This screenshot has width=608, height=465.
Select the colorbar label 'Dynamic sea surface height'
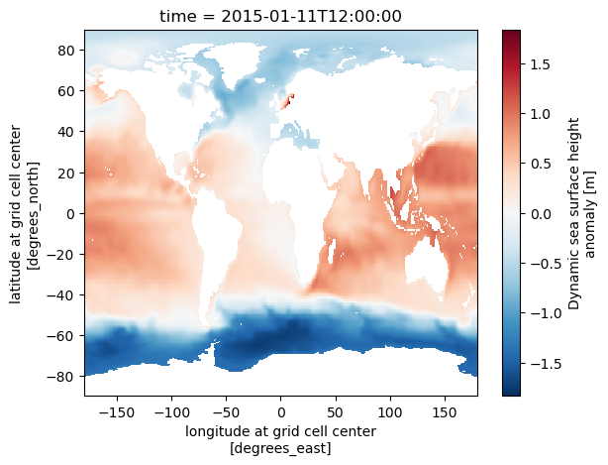pyautogui.click(x=575, y=213)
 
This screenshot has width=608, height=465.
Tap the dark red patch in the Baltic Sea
pyautogui.click(x=289, y=100)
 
